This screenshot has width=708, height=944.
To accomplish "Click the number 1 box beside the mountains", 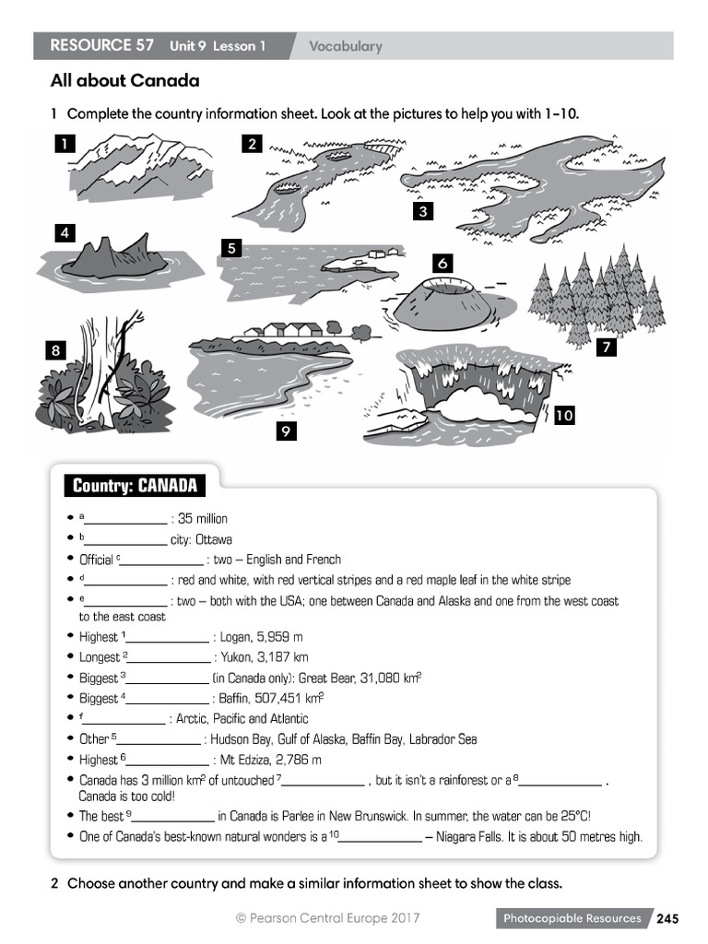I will point(64,143).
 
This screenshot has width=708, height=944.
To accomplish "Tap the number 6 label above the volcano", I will point(442,263).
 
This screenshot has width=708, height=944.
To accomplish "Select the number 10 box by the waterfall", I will point(564,416).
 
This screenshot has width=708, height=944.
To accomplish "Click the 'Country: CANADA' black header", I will point(135,486).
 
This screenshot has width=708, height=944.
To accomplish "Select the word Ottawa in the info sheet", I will point(214,539).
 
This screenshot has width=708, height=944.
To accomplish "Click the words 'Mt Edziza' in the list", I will point(244,760).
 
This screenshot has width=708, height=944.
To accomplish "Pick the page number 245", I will point(667,918).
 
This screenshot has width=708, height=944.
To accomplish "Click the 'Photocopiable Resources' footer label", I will point(572,918).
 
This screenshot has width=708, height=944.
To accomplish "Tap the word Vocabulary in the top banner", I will point(345,46).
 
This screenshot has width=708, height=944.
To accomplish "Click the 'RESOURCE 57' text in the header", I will point(101,45).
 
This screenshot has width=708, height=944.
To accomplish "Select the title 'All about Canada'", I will point(124,80).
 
